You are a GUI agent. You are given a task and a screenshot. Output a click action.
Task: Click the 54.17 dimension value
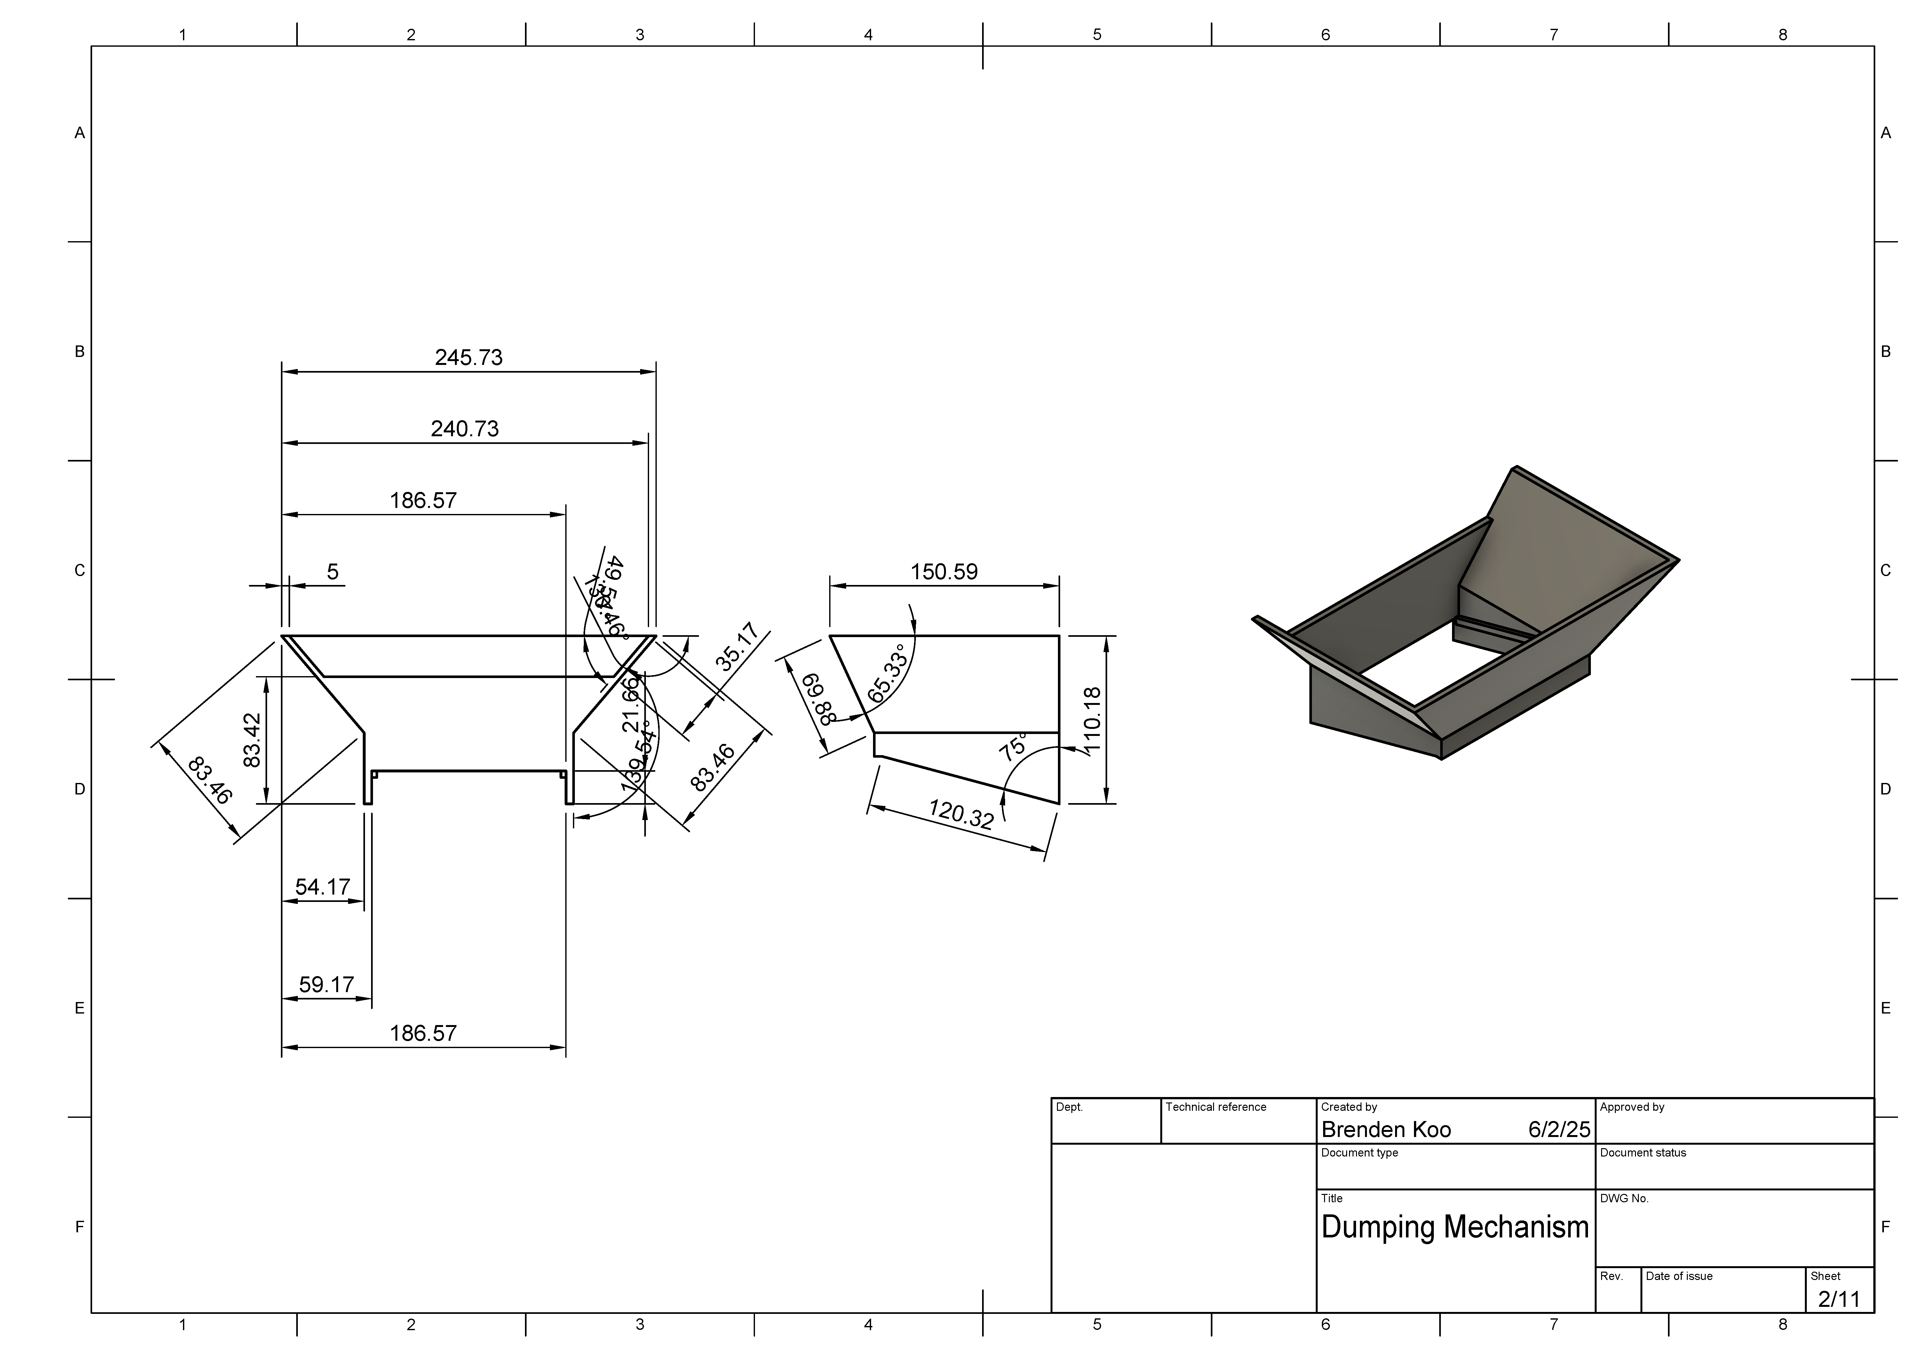pos(323,887)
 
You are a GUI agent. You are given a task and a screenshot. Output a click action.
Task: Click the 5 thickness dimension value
pos(333,572)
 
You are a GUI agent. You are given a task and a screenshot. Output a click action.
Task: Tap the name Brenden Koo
pos(1386,1130)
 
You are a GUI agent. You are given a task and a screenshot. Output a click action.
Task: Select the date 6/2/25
pos(1559,1130)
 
